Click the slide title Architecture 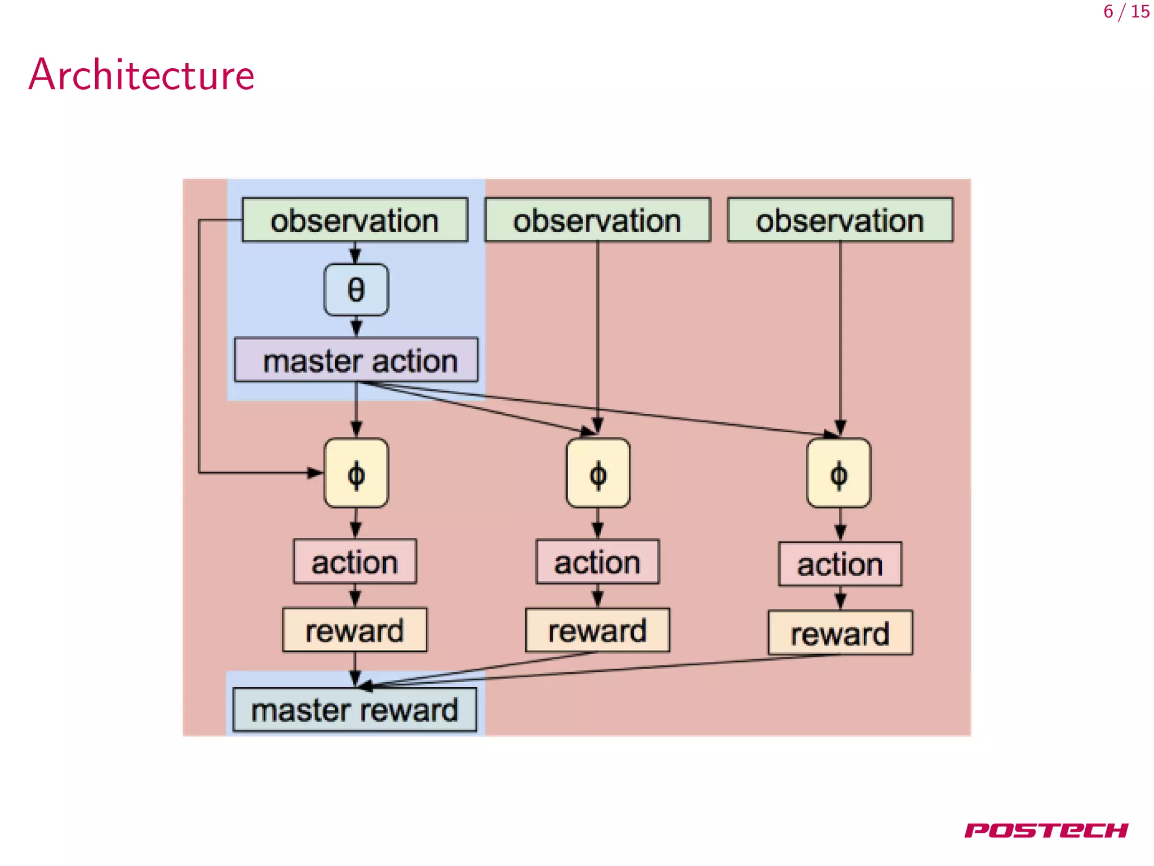click(141, 74)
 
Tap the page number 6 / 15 click(1126, 12)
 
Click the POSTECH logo click(1046, 830)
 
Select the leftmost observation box click(355, 220)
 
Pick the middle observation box click(597, 220)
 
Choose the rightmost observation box click(840, 220)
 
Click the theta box click(356, 290)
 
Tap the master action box click(356, 360)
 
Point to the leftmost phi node click(356, 474)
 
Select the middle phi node click(598, 474)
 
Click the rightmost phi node click(838, 474)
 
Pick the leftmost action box click(355, 562)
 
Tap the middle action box click(597, 562)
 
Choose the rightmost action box click(840, 564)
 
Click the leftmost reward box click(355, 630)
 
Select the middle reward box click(597, 630)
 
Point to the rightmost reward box click(840, 633)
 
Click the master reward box click(355, 710)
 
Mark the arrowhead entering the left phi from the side click(316, 472)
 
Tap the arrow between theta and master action click(356, 326)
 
